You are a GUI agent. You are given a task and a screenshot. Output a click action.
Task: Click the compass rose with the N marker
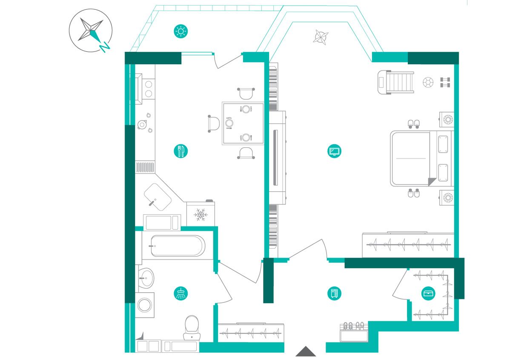(x=91, y=30)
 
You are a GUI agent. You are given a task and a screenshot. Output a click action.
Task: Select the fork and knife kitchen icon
(x=181, y=151)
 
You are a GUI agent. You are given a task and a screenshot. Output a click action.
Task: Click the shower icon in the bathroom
(x=181, y=293)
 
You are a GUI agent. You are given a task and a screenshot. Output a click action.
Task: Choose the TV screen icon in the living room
(x=335, y=151)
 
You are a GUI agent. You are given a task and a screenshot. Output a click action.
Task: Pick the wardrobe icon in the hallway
(x=335, y=293)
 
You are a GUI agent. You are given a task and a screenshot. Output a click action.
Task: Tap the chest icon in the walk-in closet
(x=428, y=293)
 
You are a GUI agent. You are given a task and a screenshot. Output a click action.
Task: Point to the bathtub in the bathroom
(x=178, y=246)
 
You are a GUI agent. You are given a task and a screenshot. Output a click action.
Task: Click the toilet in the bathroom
(x=192, y=328)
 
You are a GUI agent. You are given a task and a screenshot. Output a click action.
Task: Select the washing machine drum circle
(x=145, y=305)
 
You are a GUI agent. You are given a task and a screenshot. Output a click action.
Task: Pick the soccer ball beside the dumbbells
(x=428, y=82)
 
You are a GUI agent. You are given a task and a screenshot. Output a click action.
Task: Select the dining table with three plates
(x=242, y=124)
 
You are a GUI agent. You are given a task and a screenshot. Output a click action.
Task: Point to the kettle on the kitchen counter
(x=142, y=124)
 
